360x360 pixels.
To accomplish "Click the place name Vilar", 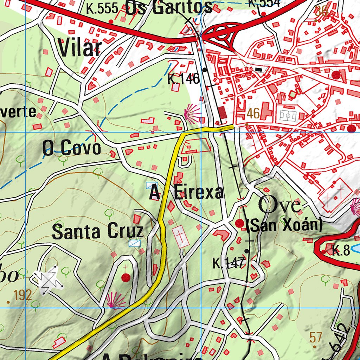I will [x=79, y=48].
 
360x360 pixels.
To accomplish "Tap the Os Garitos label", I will [x=169, y=8].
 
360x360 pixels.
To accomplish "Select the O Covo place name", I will [x=72, y=148].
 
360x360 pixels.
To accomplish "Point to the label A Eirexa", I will [x=186, y=192].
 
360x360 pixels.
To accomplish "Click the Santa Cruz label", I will [x=98, y=232].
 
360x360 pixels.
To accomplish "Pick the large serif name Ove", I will [x=280, y=205].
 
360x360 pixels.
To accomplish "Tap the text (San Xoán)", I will [x=284, y=225].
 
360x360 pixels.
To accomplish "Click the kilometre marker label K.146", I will [x=183, y=79].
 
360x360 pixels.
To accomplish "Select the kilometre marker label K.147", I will [x=228, y=263].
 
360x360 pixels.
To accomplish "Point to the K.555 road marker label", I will [x=102, y=9].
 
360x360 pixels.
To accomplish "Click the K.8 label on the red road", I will [x=341, y=251].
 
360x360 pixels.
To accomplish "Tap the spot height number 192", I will [x=24, y=295].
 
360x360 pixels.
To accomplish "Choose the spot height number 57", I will [x=316, y=337].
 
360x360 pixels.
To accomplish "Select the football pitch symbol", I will [x=288, y=115].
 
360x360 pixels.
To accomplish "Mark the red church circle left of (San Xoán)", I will [x=240, y=223].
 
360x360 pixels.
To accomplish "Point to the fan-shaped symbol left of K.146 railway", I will [x=192, y=113].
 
